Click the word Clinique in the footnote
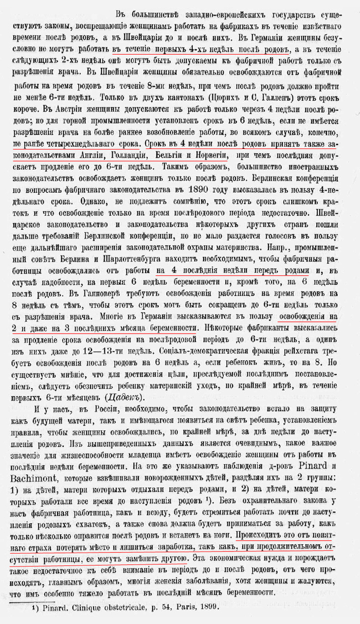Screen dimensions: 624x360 click(x=78, y=608)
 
